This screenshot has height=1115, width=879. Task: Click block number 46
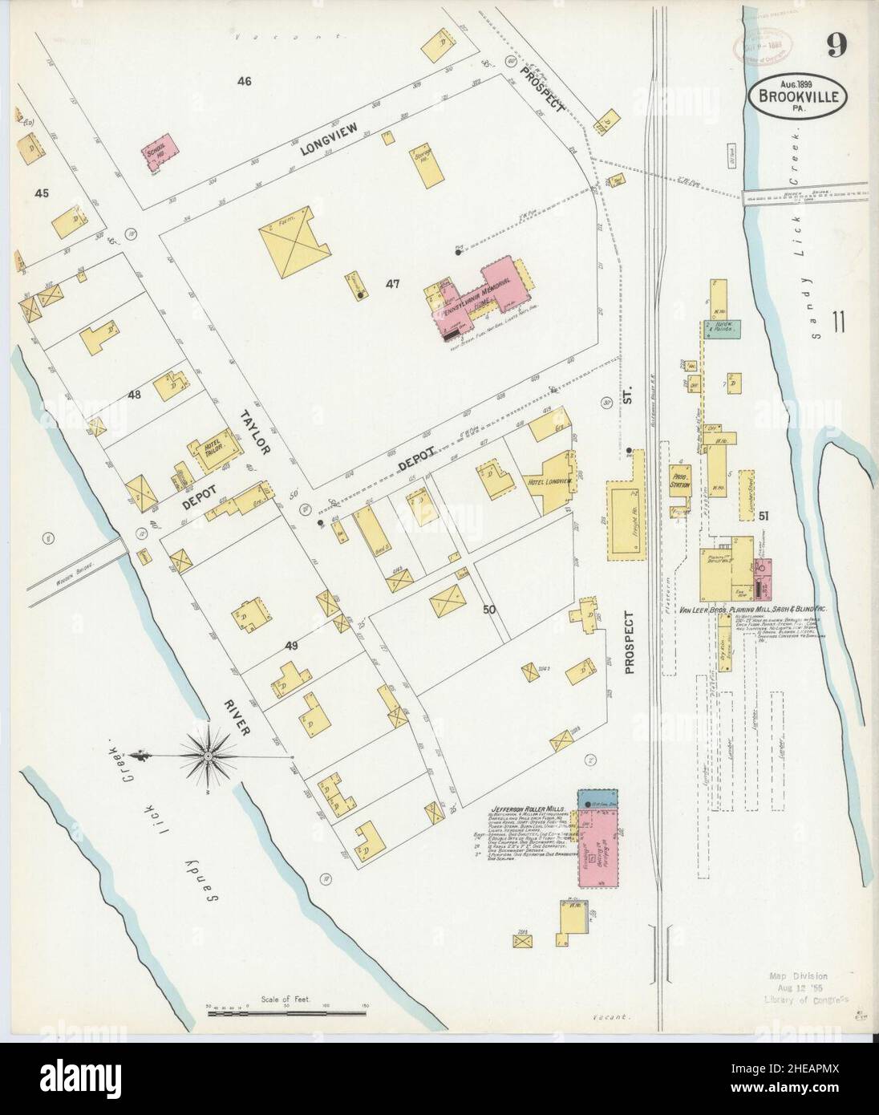pos(245,81)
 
